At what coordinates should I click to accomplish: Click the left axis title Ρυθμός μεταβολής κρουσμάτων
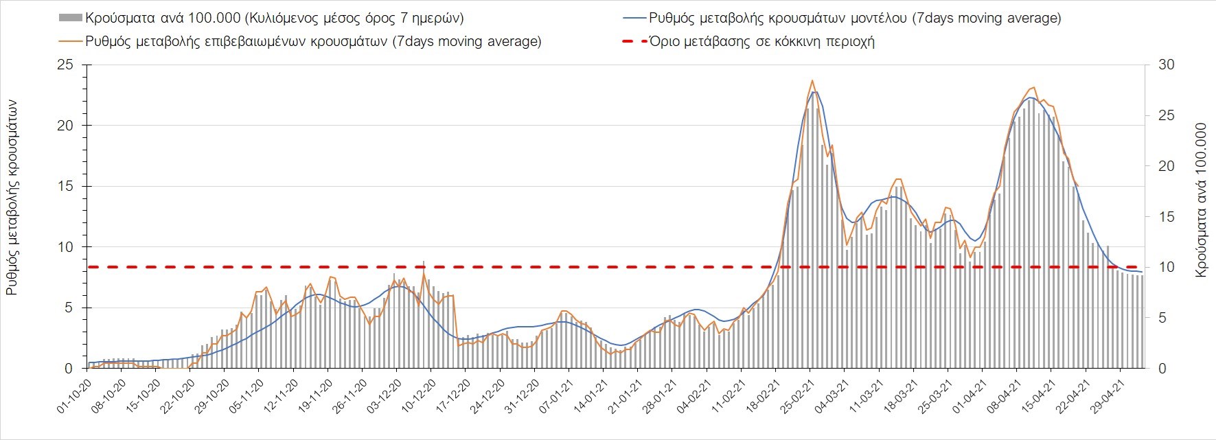tap(12, 198)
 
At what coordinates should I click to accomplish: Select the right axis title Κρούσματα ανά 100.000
tap(1201, 200)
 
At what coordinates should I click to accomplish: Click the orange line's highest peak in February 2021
tap(812, 81)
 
